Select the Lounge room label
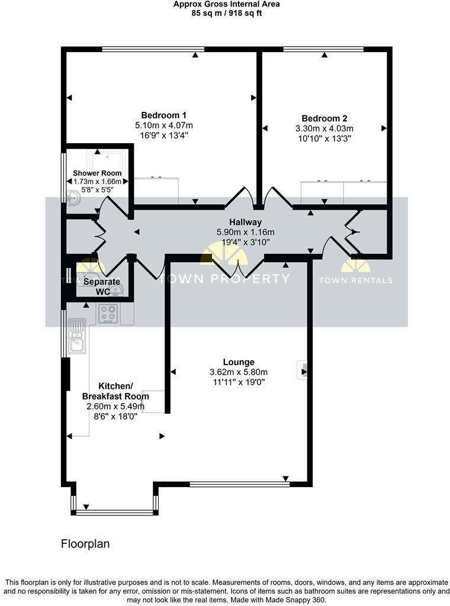click(x=239, y=362)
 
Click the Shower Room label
click(x=97, y=173)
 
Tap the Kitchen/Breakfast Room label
click(x=115, y=391)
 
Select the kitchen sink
click(x=76, y=337)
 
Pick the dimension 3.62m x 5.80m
click(x=239, y=372)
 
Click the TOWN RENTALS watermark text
click(x=356, y=280)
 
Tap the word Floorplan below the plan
click(x=85, y=543)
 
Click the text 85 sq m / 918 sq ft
click(x=226, y=13)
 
